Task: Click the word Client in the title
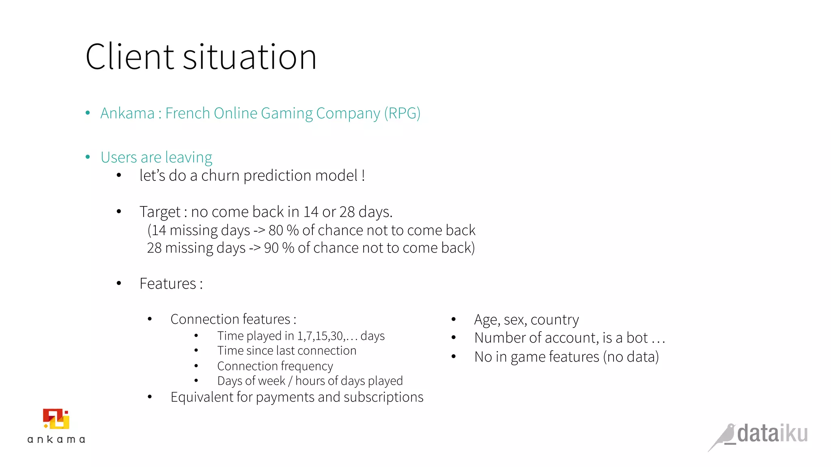click(x=129, y=57)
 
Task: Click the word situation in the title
click(x=250, y=57)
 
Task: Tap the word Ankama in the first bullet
click(x=127, y=114)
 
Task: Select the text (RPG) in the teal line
click(x=402, y=114)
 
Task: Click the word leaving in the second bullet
click(x=189, y=157)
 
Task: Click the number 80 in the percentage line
click(x=276, y=230)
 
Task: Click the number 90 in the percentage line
click(x=271, y=248)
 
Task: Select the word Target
click(x=160, y=212)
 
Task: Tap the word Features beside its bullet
click(x=168, y=284)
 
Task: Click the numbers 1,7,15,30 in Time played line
click(x=320, y=336)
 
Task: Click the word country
click(x=555, y=320)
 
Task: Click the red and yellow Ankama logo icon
click(x=56, y=419)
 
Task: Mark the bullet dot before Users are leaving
click(x=88, y=157)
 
